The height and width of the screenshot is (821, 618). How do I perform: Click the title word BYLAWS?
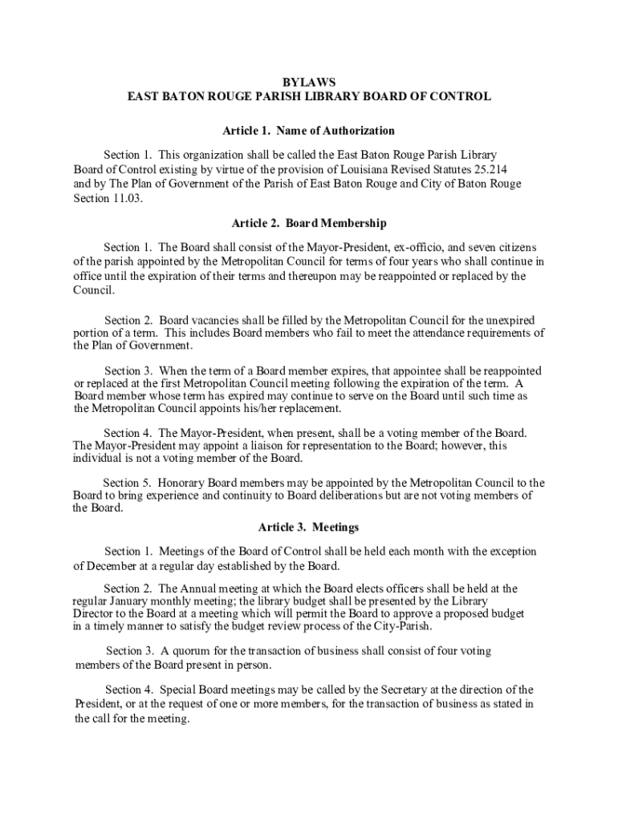point(309,82)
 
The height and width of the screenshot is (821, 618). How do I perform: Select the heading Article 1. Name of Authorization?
point(309,130)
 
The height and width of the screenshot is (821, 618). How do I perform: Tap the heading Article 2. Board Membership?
point(309,223)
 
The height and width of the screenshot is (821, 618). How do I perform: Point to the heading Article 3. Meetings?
point(309,527)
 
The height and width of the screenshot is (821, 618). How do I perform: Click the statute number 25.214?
point(489,169)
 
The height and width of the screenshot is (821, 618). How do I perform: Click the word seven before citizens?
point(441,247)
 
